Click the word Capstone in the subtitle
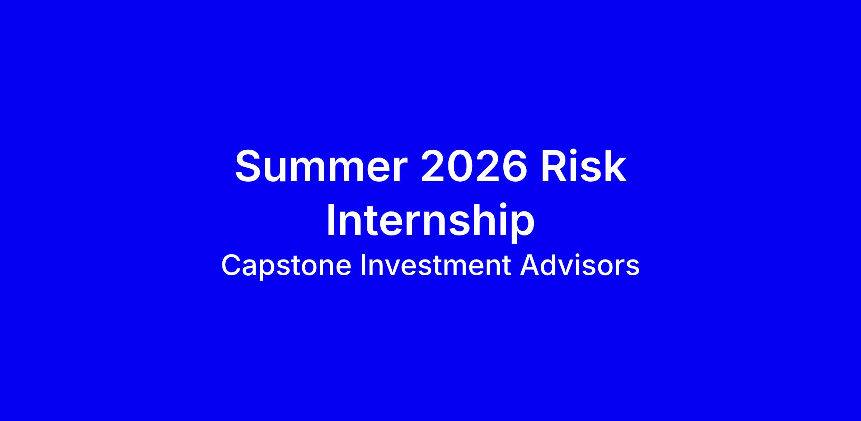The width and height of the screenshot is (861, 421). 286,266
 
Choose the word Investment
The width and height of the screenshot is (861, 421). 436,266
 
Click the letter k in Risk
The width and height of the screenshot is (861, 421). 615,166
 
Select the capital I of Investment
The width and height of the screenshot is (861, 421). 363,266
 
